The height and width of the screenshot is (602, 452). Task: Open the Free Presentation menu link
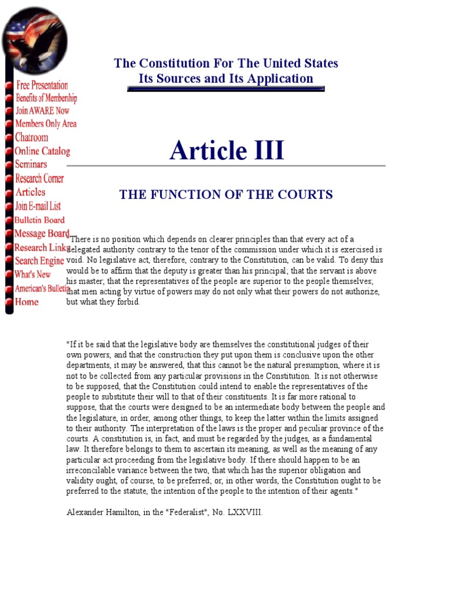click(42, 85)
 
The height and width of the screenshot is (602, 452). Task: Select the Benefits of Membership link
click(46, 98)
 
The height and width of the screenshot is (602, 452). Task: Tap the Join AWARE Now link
click(42, 111)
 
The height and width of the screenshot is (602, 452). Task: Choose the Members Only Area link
click(46, 124)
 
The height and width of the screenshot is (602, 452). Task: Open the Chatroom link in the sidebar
click(32, 138)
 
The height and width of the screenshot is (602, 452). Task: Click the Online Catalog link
click(42, 151)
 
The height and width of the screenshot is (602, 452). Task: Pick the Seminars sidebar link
click(31, 165)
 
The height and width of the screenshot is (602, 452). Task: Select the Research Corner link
click(39, 178)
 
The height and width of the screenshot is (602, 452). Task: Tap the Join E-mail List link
click(38, 206)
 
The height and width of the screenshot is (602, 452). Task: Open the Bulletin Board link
click(39, 220)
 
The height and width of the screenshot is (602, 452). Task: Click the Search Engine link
click(39, 261)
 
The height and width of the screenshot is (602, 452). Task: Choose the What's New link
click(33, 275)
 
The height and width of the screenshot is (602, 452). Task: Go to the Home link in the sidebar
click(27, 302)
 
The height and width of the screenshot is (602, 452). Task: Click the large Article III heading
click(227, 150)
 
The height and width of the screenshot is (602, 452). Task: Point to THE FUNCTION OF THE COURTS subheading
click(226, 195)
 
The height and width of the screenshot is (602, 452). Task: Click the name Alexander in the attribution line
click(84, 512)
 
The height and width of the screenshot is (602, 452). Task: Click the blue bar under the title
click(226, 89)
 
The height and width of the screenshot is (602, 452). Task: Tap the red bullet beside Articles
click(9, 193)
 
